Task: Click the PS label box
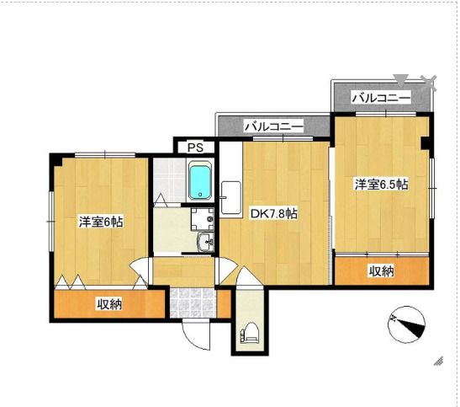point(195,147)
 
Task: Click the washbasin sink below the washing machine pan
point(206,242)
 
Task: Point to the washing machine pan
point(202,219)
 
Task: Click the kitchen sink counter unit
point(231,197)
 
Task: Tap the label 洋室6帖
point(101,222)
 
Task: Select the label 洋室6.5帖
point(382,185)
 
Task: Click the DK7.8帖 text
point(273,214)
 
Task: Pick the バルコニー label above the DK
point(273,126)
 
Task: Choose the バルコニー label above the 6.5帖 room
point(381,98)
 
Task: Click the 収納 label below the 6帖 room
point(109,304)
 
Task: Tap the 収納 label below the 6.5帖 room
point(382,271)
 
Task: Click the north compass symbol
point(407,324)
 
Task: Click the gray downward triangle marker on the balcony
point(401,80)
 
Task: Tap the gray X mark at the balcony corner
point(429,83)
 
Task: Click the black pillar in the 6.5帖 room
point(425,143)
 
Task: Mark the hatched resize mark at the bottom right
point(438,361)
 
